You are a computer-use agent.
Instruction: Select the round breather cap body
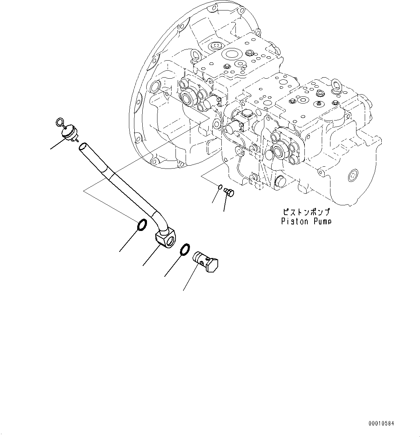pyautogui.click(x=68, y=132)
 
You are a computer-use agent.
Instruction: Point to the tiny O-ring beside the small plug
pyautogui.click(x=220, y=187)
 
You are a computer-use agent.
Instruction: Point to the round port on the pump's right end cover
pyautogui.click(x=352, y=176)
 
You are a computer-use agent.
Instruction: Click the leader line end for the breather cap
pyautogui.click(x=51, y=148)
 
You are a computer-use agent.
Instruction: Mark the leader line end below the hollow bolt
pyautogui.click(x=183, y=290)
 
